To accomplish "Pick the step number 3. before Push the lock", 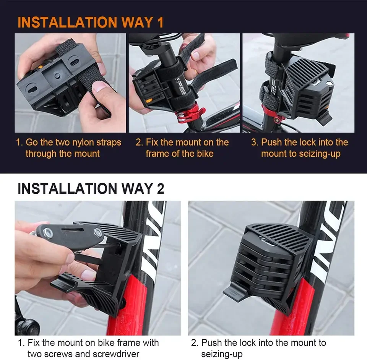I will tap(255, 143).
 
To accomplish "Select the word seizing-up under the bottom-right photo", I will tap(222, 354).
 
